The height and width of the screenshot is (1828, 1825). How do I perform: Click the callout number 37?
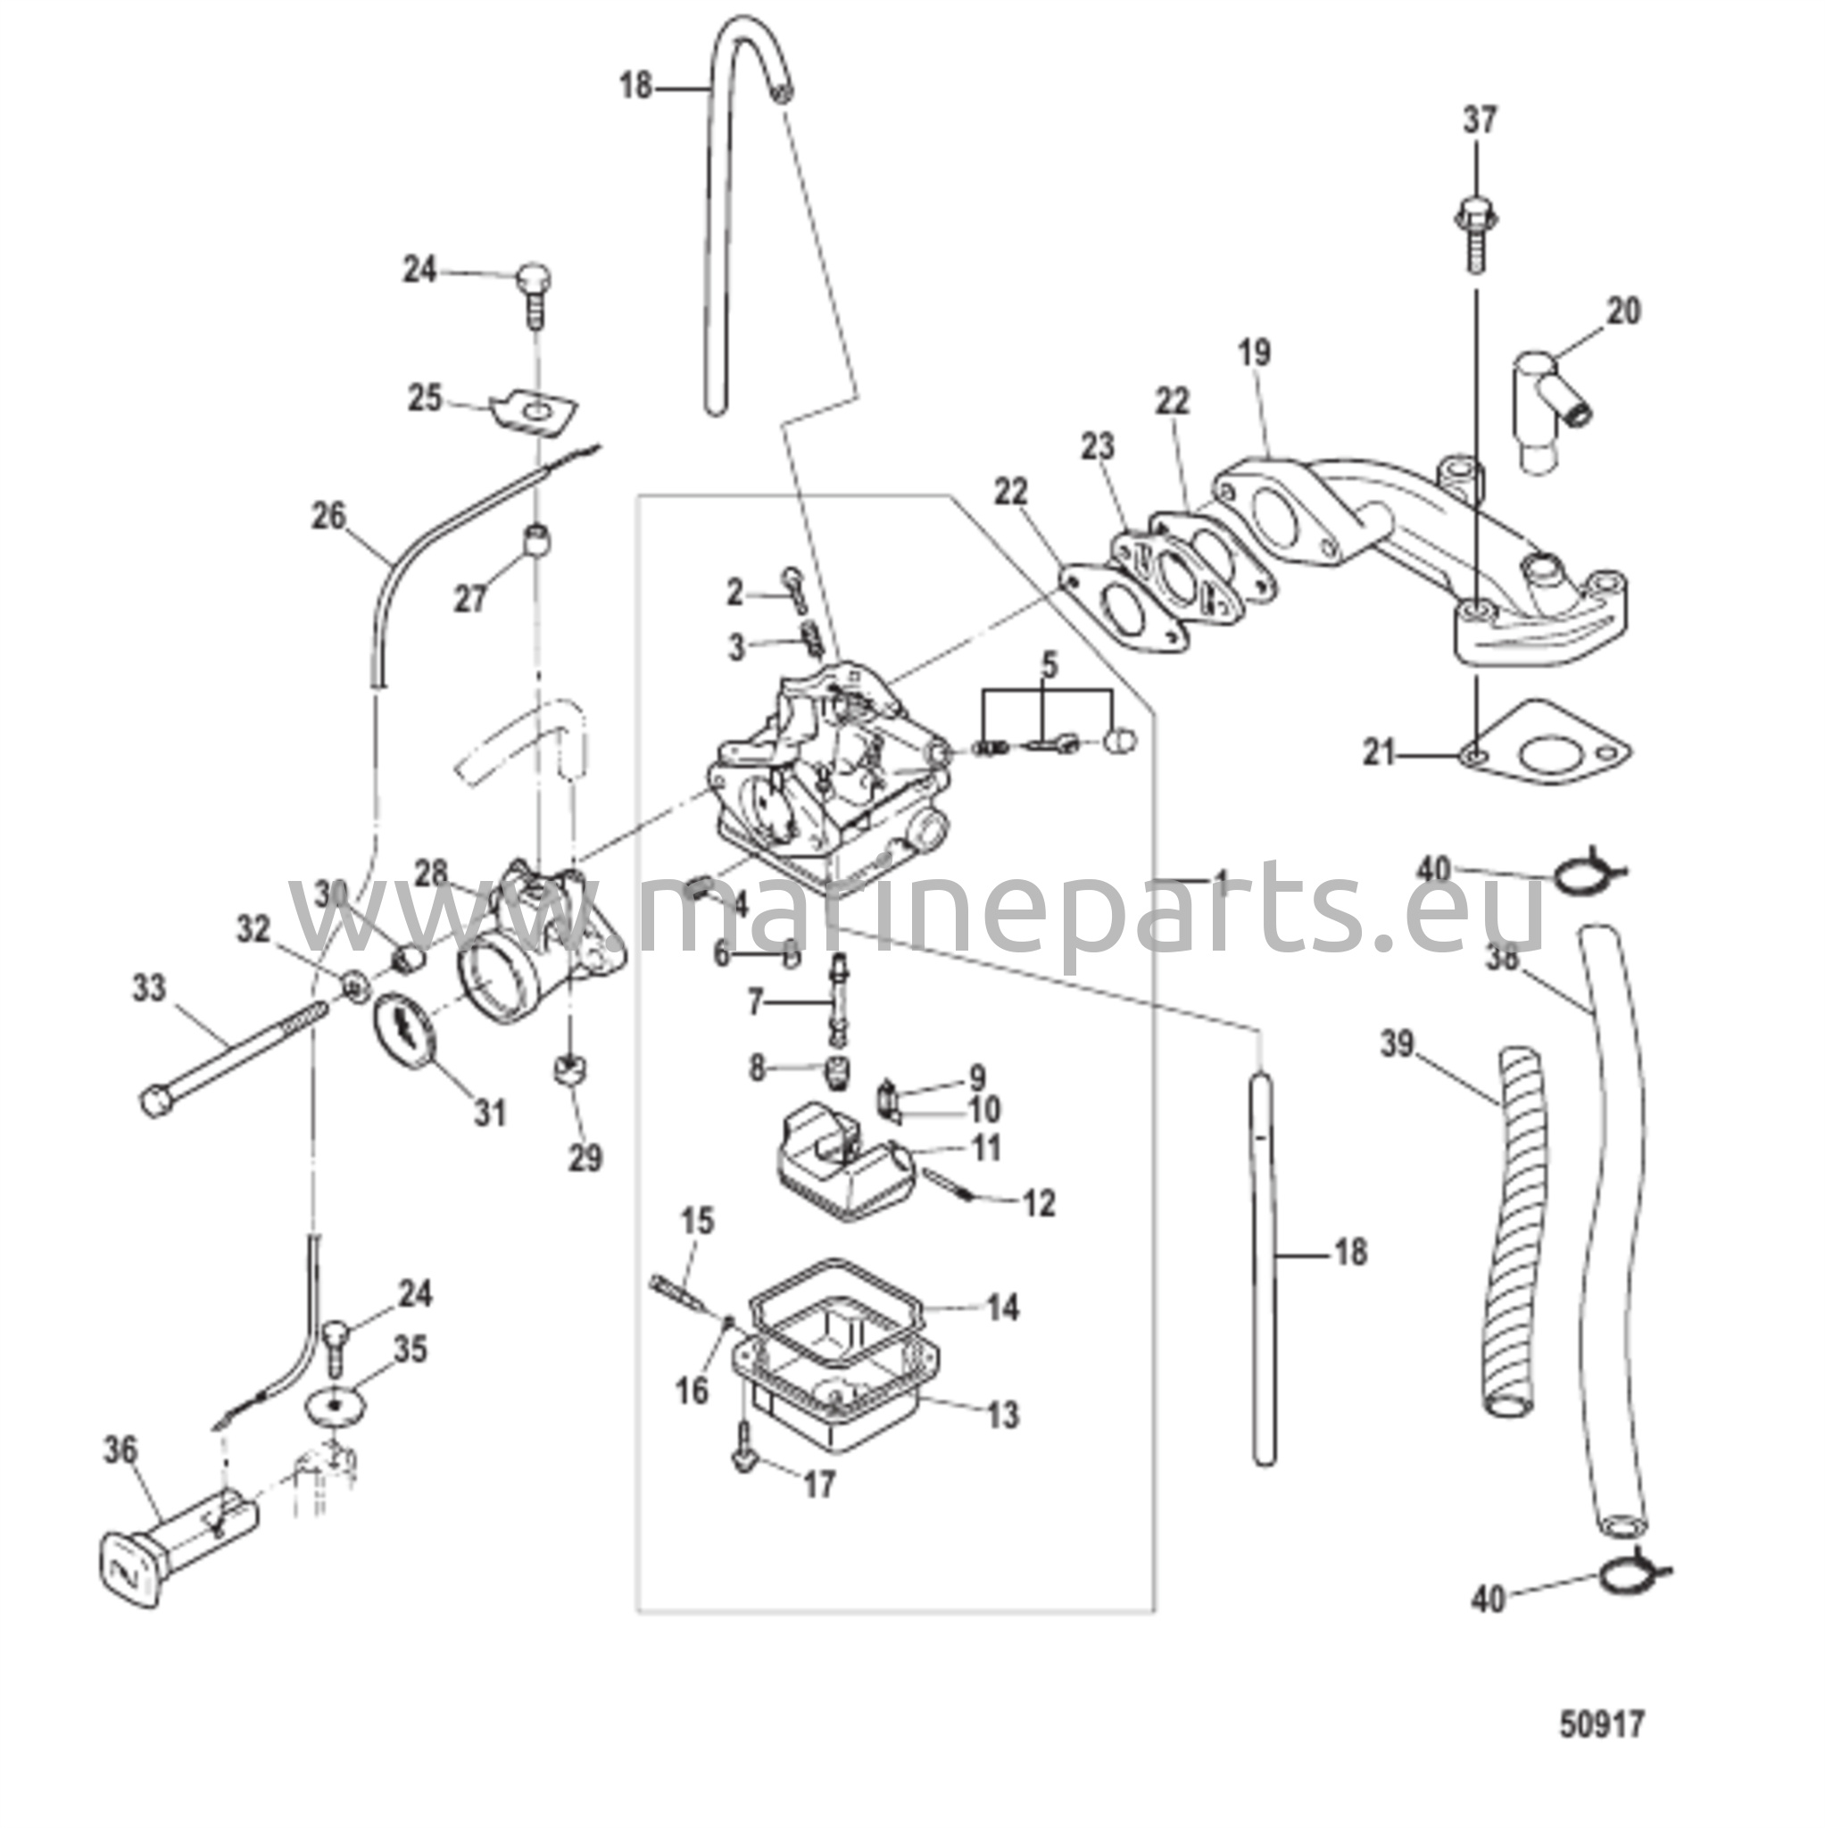1480,121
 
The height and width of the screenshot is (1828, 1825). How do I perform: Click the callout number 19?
1255,353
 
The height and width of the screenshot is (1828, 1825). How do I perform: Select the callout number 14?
1003,1308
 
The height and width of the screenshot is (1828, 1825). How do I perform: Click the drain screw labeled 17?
743,1467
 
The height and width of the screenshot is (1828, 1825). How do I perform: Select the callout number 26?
328,517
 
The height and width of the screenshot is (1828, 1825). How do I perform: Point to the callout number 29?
585,1157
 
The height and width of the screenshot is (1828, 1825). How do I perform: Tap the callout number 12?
1039,1203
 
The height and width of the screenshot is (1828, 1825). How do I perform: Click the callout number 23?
1099,446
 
